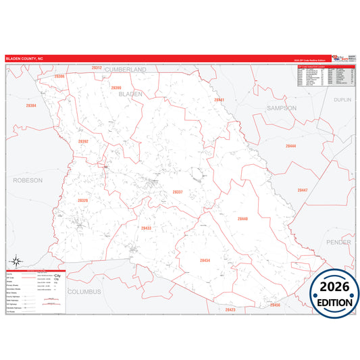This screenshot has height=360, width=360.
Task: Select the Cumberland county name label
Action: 126,70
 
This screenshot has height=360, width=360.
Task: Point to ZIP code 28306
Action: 60,76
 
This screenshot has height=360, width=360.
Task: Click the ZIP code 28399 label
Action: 116,88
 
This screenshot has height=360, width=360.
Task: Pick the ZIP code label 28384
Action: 31,105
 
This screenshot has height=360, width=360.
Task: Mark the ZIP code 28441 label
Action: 219,99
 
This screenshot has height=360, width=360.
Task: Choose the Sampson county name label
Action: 281,108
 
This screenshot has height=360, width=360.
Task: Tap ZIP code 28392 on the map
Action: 83,142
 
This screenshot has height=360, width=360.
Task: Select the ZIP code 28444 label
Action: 290,145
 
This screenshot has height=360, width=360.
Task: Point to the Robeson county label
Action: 28,180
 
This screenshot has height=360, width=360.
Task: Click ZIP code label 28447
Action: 302,190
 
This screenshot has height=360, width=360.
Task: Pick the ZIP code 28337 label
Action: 178,192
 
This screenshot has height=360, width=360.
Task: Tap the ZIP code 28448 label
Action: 242,219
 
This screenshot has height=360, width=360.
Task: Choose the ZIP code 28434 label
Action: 205,260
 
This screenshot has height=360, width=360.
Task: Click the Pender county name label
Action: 338,241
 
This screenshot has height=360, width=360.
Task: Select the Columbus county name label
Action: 84,292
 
